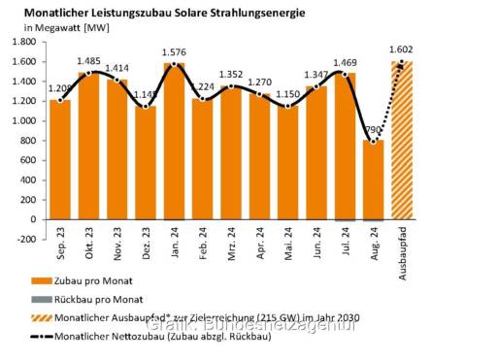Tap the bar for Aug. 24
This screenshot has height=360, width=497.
point(374,180)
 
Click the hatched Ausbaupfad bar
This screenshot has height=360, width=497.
point(402,141)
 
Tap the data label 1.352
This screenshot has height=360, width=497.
point(231,76)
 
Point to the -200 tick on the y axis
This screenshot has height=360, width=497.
point(23,239)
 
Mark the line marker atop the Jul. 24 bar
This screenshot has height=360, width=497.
point(346,74)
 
